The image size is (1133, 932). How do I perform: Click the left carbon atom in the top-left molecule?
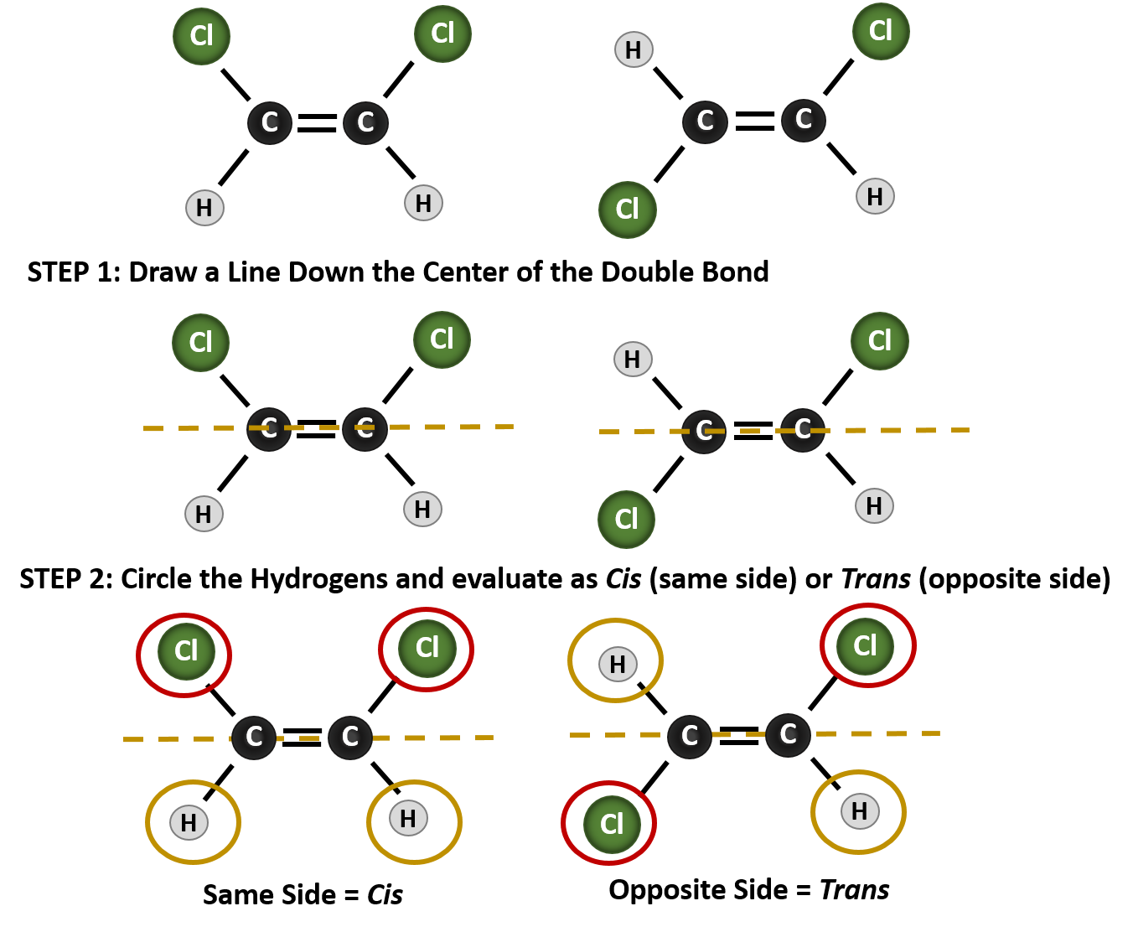pyautogui.click(x=270, y=122)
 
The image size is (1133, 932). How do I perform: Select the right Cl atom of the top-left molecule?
pyautogui.click(x=442, y=34)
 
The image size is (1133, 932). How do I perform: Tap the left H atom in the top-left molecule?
pyautogui.click(x=204, y=208)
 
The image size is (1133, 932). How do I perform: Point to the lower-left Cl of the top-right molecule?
pyautogui.click(x=627, y=210)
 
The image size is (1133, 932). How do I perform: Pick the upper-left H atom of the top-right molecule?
pyautogui.click(x=634, y=50)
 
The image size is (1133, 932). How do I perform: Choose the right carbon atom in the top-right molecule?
pyautogui.click(x=803, y=120)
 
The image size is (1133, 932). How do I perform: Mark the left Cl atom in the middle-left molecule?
pyautogui.click(x=200, y=342)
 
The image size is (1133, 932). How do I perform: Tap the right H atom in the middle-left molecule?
pyautogui.click(x=422, y=509)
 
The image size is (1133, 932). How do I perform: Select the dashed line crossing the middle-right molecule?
pyautogui.click(x=905, y=430)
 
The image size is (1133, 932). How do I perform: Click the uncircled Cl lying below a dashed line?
pyautogui.click(x=626, y=520)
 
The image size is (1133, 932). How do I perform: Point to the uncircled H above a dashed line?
pyautogui.click(x=633, y=360)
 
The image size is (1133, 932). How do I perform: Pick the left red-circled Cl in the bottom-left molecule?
pyautogui.click(x=186, y=651)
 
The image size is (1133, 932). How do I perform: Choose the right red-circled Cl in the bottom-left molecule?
pyautogui.click(x=427, y=648)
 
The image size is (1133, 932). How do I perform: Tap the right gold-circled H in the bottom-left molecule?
pyautogui.click(x=408, y=819)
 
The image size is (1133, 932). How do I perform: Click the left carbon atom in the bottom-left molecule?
pyautogui.click(x=254, y=737)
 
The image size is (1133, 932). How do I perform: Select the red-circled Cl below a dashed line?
pyautogui.click(x=612, y=824)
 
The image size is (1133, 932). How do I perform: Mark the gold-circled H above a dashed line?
pyautogui.click(x=618, y=665)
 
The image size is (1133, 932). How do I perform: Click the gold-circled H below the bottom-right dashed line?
pyautogui.click(x=859, y=811)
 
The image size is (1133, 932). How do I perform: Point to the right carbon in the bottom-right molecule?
pyautogui.click(x=788, y=734)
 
